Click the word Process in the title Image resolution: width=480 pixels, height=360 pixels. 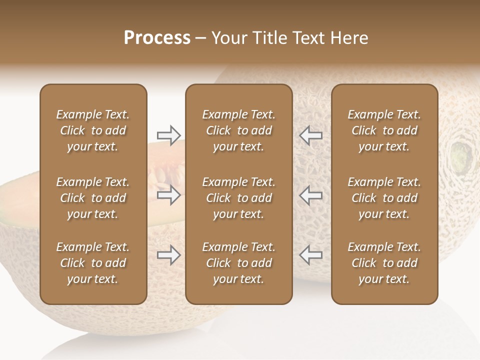[157, 38]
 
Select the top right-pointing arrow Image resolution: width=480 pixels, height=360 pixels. [168, 135]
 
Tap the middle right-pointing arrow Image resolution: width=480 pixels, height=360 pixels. [168, 195]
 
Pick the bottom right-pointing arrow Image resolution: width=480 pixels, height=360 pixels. [168, 255]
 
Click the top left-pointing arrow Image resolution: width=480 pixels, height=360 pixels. [310, 135]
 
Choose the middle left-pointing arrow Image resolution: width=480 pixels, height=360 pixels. [310, 195]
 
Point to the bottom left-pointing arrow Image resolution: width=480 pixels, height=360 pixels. [310, 255]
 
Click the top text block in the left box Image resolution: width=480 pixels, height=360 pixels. [93, 130]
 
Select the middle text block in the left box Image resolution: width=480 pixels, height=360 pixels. [93, 198]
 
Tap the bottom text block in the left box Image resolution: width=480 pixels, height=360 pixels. [93, 263]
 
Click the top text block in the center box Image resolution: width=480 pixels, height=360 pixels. [238, 130]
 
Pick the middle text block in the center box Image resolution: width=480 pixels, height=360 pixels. [238, 198]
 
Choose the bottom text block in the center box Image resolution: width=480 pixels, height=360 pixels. [238, 263]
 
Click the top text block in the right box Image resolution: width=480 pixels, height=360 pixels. [384, 130]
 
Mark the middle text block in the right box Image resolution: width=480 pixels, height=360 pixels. [384, 198]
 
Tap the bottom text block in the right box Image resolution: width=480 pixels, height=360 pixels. [384, 263]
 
